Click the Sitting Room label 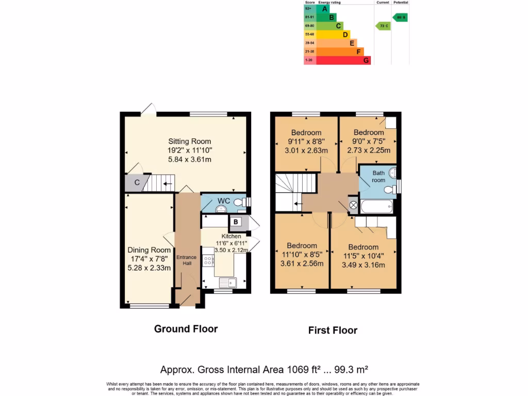pyautogui.click(x=190, y=141)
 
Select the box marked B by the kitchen pyautogui.click(x=236, y=222)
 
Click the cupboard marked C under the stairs pyautogui.click(x=137, y=183)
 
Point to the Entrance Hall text pyautogui.click(x=186, y=260)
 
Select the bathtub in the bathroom pyautogui.click(x=376, y=207)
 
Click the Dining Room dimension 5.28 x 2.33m pyautogui.click(x=149, y=268)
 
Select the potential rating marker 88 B pyautogui.click(x=401, y=17)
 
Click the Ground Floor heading pyautogui.click(x=186, y=328)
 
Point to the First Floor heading pyautogui.click(x=333, y=330)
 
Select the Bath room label pyautogui.click(x=378, y=177)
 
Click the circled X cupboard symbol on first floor pyautogui.click(x=353, y=205)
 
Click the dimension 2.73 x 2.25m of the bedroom pyautogui.click(x=369, y=150)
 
